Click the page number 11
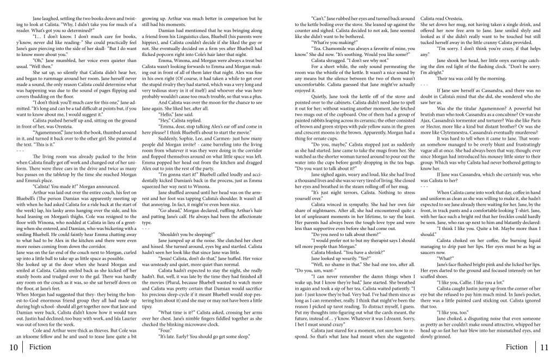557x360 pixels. (546, 347)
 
